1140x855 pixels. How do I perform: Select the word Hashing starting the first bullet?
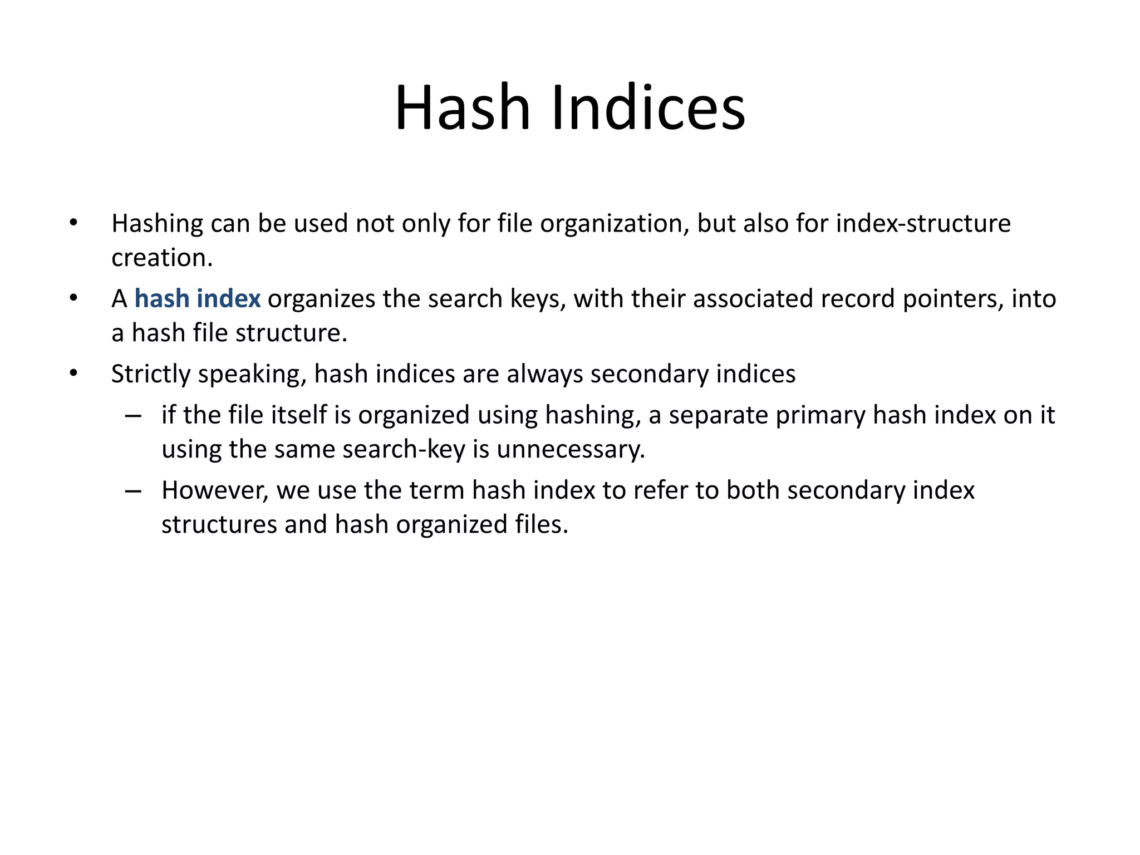click(158, 224)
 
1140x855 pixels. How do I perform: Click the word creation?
click(162, 258)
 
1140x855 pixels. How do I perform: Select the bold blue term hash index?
click(197, 299)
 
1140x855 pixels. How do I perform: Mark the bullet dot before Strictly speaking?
click(73, 373)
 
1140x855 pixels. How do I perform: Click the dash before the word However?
click(133, 491)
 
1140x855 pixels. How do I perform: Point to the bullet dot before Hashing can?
click(73, 223)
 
